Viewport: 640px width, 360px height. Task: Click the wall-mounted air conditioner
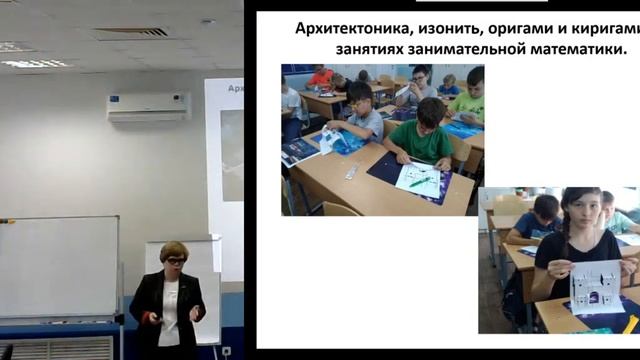[148, 106]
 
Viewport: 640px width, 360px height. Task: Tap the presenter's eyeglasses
[174, 262]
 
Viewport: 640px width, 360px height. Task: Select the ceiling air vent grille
[130, 32]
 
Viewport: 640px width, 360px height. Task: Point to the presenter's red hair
[174, 250]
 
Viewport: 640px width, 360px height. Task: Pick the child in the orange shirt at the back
[321, 76]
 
